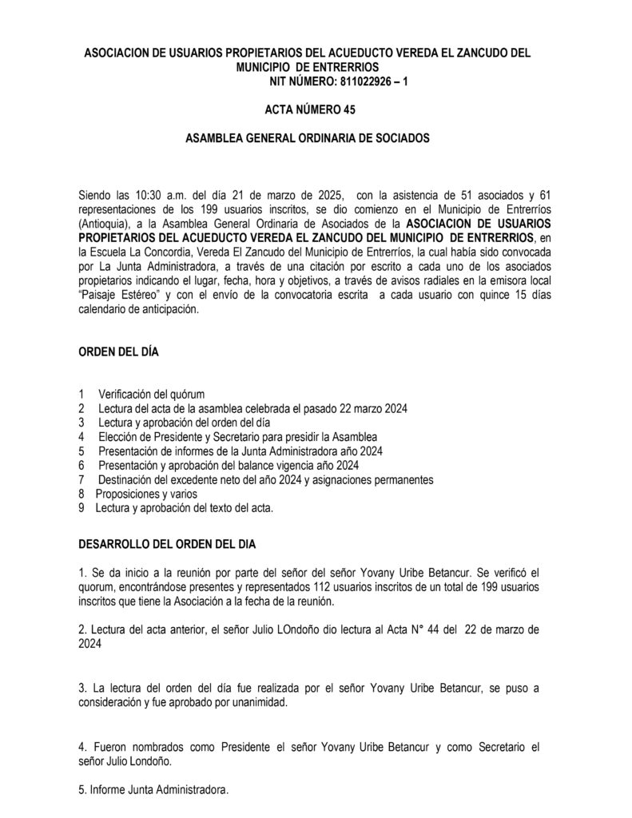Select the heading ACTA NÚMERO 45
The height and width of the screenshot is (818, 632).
(309, 109)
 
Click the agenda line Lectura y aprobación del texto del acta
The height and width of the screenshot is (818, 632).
(184, 509)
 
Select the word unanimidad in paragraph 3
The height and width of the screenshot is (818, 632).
(259, 703)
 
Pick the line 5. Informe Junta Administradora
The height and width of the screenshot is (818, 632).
(154, 790)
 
